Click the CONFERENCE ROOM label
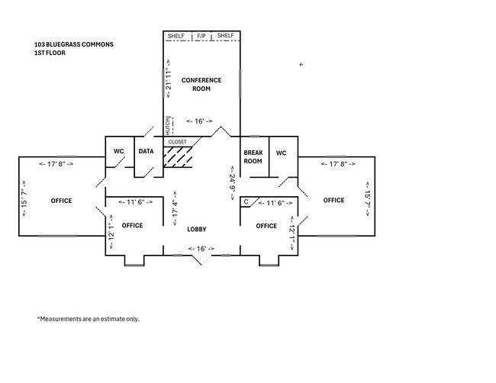coord(201,85)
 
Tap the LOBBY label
coord(197,230)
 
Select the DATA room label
coord(147,152)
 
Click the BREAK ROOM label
coord(253,157)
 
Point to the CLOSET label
coord(178,142)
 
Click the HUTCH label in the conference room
coord(168,126)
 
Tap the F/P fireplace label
coord(201,36)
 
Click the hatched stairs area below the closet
coord(178,156)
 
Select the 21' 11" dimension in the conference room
coord(169,79)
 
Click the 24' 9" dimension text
coord(233,183)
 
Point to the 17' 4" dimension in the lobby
coord(175,208)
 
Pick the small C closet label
coord(246,201)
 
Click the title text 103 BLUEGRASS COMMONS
coord(74,44)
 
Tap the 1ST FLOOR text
coord(50,53)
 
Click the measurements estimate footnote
coord(89,319)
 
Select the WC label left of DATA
coord(119,152)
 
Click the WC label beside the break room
coord(282,153)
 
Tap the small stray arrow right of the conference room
coord(301,65)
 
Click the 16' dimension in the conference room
coord(199,121)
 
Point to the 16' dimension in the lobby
coord(201,249)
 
